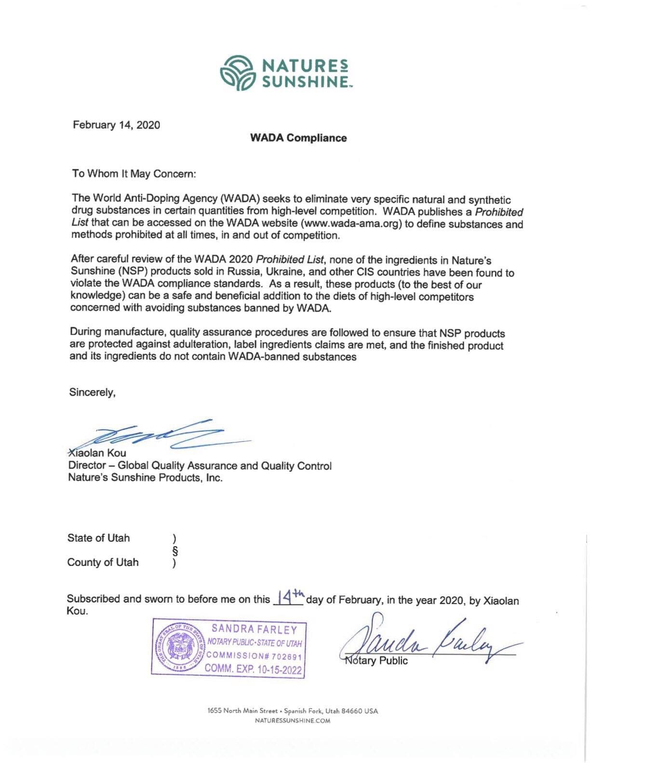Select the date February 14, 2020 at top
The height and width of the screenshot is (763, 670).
point(116,125)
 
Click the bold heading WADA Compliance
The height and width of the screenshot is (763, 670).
point(298,138)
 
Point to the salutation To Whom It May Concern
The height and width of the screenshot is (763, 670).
point(134,174)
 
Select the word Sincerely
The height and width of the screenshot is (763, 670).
point(92,393)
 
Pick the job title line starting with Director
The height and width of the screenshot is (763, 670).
point(200,466)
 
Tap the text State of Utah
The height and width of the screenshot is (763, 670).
point(98,538)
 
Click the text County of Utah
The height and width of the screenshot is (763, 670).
point(103,562)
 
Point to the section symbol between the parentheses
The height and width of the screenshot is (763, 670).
point(175,551)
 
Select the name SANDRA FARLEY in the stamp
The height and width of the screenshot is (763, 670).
point(255,630)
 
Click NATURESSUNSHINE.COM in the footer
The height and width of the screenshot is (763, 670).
point(293,721)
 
